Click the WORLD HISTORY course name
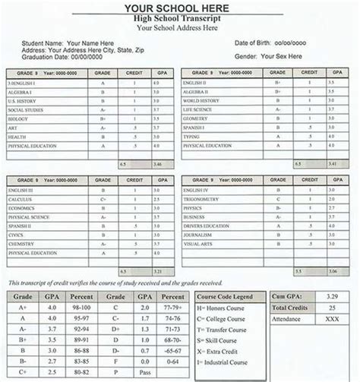tap(201, 100)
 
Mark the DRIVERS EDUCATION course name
tap(206, 226)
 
